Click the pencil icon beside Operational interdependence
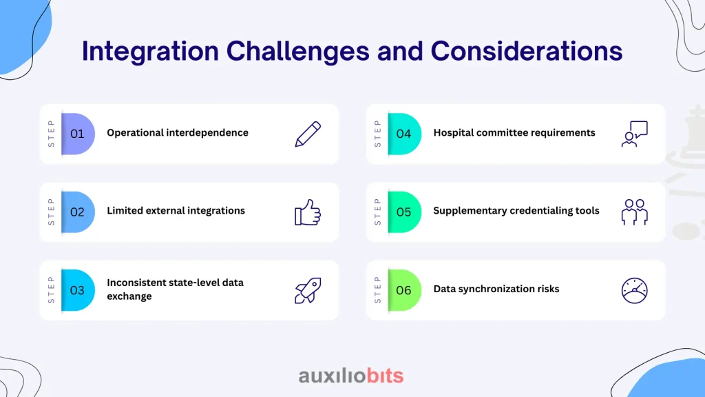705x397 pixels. click(308, 134)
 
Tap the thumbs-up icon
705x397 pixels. click(308, 212)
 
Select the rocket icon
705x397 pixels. click(308, 290)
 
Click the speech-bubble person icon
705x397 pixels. click(634, 134)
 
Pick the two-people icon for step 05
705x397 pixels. click(634, 212)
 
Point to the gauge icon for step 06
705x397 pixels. click(634, 290)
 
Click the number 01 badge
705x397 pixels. click(78, 134)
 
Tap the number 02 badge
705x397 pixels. click(78, 212)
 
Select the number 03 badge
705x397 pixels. click(78, 290)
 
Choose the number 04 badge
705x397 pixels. click(404, 134)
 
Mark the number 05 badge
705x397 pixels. click(404, 212)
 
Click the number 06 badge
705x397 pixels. click(404, 290)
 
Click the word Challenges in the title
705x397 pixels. click(297, 51)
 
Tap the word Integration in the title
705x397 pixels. click(150, 51)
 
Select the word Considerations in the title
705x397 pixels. click(527, 50)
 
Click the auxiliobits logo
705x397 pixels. click(351, 376)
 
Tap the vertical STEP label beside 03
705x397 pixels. click(51, 290)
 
